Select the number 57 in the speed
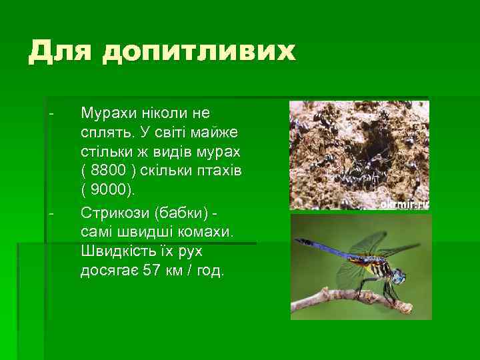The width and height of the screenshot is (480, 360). pos(153,271)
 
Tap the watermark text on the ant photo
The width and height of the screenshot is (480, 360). pos(404,204)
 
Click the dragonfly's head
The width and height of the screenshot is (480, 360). pos(398,275)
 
